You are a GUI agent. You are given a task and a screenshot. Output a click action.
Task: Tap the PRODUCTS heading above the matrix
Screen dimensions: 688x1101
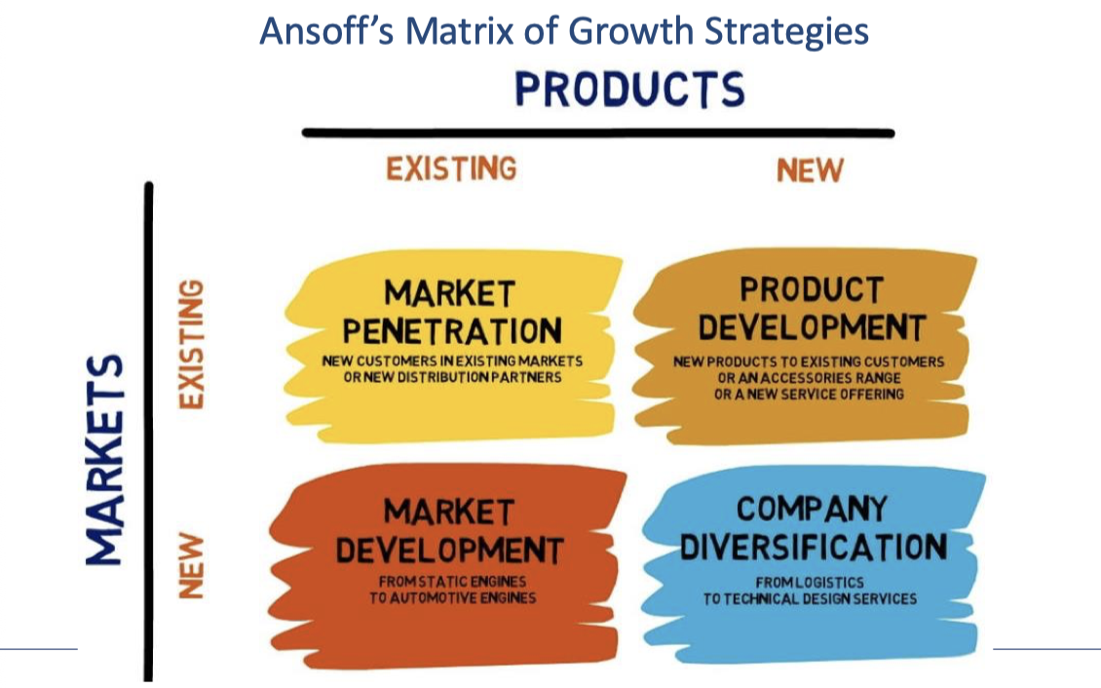tap(629, 90)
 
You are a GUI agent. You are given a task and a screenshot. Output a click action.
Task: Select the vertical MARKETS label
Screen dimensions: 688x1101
tap(105, 459)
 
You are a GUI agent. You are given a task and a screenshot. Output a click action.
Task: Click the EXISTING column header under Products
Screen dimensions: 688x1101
tap(451, 169)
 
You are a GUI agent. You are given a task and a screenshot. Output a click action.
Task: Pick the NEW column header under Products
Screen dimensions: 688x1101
tap(810, 171)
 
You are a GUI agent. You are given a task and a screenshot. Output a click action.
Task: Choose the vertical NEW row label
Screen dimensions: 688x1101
tap(192, 565)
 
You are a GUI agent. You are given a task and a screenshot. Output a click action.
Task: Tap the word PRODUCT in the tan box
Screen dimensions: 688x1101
tap(811, 289)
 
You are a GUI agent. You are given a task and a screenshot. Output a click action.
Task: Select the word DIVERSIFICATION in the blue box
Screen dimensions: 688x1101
tap(813, 547)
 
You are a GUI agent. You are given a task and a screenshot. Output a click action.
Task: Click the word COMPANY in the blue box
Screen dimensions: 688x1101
tap(812, 509)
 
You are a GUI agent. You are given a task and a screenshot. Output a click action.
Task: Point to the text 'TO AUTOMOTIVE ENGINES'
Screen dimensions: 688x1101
tap(452, 597)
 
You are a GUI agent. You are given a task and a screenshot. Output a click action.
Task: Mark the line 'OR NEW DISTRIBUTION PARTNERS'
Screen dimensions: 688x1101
tap(452, 377)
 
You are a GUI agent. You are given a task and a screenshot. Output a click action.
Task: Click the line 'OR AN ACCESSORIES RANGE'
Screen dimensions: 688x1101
tap(809, 378)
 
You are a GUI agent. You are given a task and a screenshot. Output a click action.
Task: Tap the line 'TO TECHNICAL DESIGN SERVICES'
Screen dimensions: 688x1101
tap(810, 598)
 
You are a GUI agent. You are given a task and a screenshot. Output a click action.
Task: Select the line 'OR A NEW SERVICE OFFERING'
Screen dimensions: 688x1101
tap(809, 394)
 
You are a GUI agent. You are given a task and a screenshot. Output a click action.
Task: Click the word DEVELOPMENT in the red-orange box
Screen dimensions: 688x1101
tap(449, 550)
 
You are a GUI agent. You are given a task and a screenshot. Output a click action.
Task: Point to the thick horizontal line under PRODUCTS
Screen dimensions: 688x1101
tap(597, 133)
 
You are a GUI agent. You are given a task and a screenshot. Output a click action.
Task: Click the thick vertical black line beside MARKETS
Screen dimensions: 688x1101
tap(148, 429)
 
